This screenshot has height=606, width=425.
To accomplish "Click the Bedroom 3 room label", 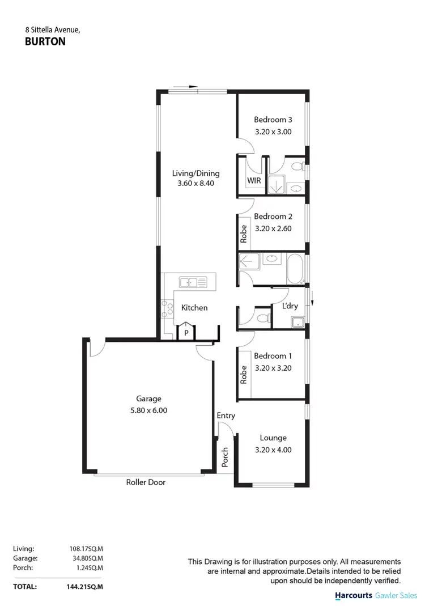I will click(x=273, y=120).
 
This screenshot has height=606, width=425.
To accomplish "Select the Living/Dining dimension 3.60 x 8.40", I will click(x=196, y=184).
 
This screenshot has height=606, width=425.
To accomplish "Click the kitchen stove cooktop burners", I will click(x=168, y=308).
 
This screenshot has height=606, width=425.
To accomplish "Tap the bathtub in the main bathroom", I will click(x=296, y=269).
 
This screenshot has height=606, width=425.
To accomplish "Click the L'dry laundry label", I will click(x=290, y=306).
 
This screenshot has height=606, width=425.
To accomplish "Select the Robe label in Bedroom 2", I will click(x=244, y=234).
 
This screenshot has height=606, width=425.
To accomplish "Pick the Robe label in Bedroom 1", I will click(x=244, y=375).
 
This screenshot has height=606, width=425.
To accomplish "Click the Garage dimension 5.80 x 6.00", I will click(x=148, y=410).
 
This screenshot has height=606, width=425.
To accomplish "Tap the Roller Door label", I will click(x=146, y=482).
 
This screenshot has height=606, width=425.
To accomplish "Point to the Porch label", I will click(x=225, y=457).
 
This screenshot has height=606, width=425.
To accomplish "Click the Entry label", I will click(x=226, y=416).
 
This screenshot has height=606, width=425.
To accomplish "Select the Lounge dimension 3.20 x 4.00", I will click(x=273, y=450).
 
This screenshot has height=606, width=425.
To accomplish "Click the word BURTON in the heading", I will click(x=45, y=41).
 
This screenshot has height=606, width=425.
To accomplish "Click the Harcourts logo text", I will click(x=354, y=596).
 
